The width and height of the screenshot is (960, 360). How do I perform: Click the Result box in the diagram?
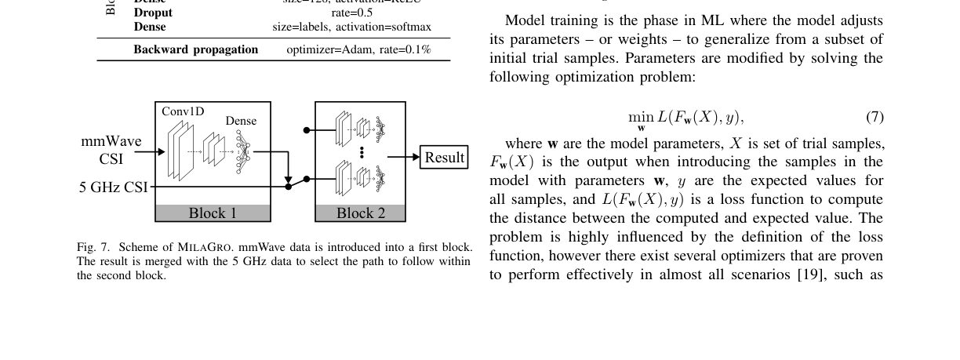(x=444, y=157)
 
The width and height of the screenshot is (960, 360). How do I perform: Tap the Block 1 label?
(x=213, y=213)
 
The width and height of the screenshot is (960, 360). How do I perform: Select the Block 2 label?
(x=361, y=213)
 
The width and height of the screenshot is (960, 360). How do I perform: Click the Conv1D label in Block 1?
(x=183, y=111)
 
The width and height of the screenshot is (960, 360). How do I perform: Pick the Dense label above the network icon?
(x=241, y=121)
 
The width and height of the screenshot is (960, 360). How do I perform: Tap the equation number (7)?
(x=875, y=118)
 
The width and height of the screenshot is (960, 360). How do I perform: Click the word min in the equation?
(x=641, y=117)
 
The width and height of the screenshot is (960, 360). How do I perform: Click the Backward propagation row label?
(x=195, y=49)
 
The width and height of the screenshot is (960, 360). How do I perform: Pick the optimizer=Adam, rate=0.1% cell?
(x=358, y=49)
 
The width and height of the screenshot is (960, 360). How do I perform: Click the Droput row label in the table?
(x=153, y=13)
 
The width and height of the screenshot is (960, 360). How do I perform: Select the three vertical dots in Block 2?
(x=362, y=151)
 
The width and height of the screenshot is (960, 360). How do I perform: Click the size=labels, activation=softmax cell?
(x=352, y=27)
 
